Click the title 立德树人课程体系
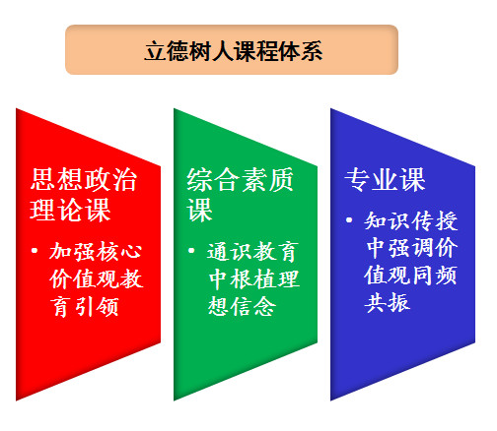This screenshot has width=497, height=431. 234,51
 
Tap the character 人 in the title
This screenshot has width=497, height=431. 223,51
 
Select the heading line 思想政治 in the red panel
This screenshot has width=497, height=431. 84,179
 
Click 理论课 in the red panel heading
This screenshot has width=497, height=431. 70,210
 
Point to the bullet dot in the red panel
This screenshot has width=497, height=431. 35,251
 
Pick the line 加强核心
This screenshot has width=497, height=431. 96,252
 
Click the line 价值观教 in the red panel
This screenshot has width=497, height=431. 97,278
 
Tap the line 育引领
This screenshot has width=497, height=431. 85,306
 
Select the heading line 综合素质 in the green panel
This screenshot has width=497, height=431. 240,179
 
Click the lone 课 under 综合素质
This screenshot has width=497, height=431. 199,210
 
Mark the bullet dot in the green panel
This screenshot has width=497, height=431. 191,251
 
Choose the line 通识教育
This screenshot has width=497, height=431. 252,252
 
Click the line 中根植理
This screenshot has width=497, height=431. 253,278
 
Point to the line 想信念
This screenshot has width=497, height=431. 242,306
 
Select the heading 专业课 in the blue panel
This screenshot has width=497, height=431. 385,179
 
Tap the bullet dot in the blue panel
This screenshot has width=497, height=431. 349,220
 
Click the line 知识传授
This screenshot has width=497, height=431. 411,220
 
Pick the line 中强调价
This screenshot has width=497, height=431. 411,248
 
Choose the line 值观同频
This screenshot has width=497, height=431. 411,275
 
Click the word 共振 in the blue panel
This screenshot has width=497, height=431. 388,302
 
